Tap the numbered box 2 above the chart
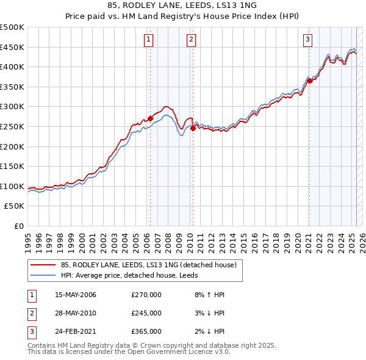[x=191, y=40]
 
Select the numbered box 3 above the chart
[x=308, y=40]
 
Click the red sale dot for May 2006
[x=150, y=118]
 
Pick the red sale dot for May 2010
[x=193, y=128]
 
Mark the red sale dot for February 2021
[x=309, y=81]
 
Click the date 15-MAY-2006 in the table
[x=76, y=295]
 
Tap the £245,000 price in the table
[x=146, y=314]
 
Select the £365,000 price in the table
[x=146, y=332]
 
